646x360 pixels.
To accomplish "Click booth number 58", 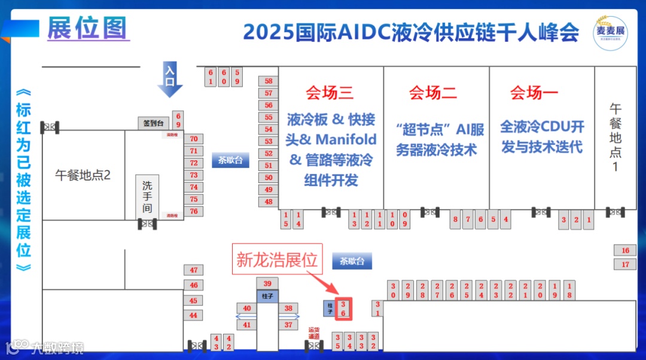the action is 269,81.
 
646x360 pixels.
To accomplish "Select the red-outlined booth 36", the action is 343,308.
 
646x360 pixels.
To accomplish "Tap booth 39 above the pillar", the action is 267,283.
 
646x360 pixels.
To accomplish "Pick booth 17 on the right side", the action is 625,264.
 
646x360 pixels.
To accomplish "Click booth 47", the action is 193,270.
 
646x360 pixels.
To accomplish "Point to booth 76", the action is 193,211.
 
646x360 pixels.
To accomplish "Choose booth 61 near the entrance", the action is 210,77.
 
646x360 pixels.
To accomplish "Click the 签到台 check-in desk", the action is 154,123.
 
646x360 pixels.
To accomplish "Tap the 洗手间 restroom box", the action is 147,197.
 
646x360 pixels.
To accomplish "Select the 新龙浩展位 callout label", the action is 277,260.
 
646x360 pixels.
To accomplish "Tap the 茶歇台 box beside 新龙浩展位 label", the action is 351,261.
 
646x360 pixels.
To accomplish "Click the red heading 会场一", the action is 534,93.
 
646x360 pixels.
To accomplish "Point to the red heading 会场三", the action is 330,93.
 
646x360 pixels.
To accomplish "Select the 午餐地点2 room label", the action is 83,175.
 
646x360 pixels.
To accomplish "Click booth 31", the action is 377,309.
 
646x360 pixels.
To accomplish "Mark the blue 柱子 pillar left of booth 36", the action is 328,309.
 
